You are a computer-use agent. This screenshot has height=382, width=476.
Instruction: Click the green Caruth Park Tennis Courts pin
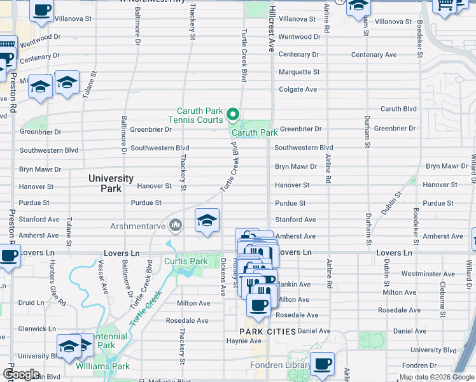pos(233,115)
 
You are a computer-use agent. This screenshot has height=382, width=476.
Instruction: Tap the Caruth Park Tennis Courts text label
pos(195,115)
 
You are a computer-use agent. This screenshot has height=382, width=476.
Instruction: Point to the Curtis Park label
pos(186,261)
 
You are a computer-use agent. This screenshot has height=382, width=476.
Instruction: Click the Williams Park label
pos(102,366)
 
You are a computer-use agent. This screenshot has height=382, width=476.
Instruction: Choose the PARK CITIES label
pos(267,332)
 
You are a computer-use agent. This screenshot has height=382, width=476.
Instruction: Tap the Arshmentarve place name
pos(138,225)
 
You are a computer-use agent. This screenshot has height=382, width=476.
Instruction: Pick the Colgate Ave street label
pos(297,89)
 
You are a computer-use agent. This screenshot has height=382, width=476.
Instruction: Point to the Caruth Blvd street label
pos(398,109)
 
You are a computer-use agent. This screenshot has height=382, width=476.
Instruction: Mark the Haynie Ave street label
pos(241,341)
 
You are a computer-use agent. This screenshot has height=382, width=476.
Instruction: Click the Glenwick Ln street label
pos(38,329)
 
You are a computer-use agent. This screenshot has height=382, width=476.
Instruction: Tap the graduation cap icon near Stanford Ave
pos(207,220)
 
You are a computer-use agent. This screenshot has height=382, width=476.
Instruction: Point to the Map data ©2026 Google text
pos(437,377)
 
